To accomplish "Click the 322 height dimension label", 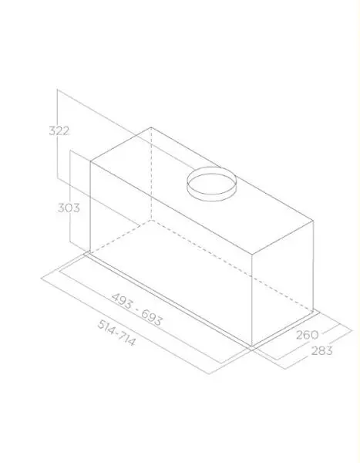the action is [59, 131].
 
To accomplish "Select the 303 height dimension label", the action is [69, 208].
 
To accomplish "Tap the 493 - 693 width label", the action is [137, 309].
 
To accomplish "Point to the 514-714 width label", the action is [116, 333].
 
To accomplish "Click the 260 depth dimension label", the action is [307, 335].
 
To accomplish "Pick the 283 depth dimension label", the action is [321, 351].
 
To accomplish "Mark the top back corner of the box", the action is [151, 127].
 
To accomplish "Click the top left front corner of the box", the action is [90, 161].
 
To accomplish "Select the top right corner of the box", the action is [313, 221].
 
